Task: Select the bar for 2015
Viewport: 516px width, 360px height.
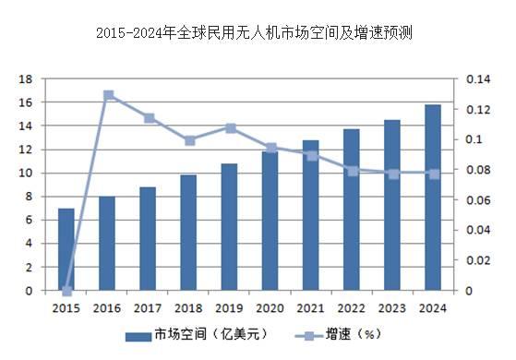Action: [x=66, y=249]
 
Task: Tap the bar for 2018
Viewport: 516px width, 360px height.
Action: [x=188, y=233]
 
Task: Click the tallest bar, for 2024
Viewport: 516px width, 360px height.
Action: [x=432, y=198]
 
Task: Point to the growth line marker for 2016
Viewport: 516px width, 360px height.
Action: [x=108, y=95]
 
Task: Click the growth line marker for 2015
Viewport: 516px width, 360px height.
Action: [x=66, y=290]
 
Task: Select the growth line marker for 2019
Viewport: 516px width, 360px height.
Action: [x=230, y=128]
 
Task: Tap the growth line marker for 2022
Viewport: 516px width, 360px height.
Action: [x=352, y=171]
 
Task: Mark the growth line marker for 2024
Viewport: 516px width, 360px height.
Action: [x=432, y=174]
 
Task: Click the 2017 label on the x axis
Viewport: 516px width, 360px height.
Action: [x=148, y=307]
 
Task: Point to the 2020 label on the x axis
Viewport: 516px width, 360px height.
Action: [x=270, y=307]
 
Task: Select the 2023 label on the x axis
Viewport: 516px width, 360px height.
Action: [x=391, y=307]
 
